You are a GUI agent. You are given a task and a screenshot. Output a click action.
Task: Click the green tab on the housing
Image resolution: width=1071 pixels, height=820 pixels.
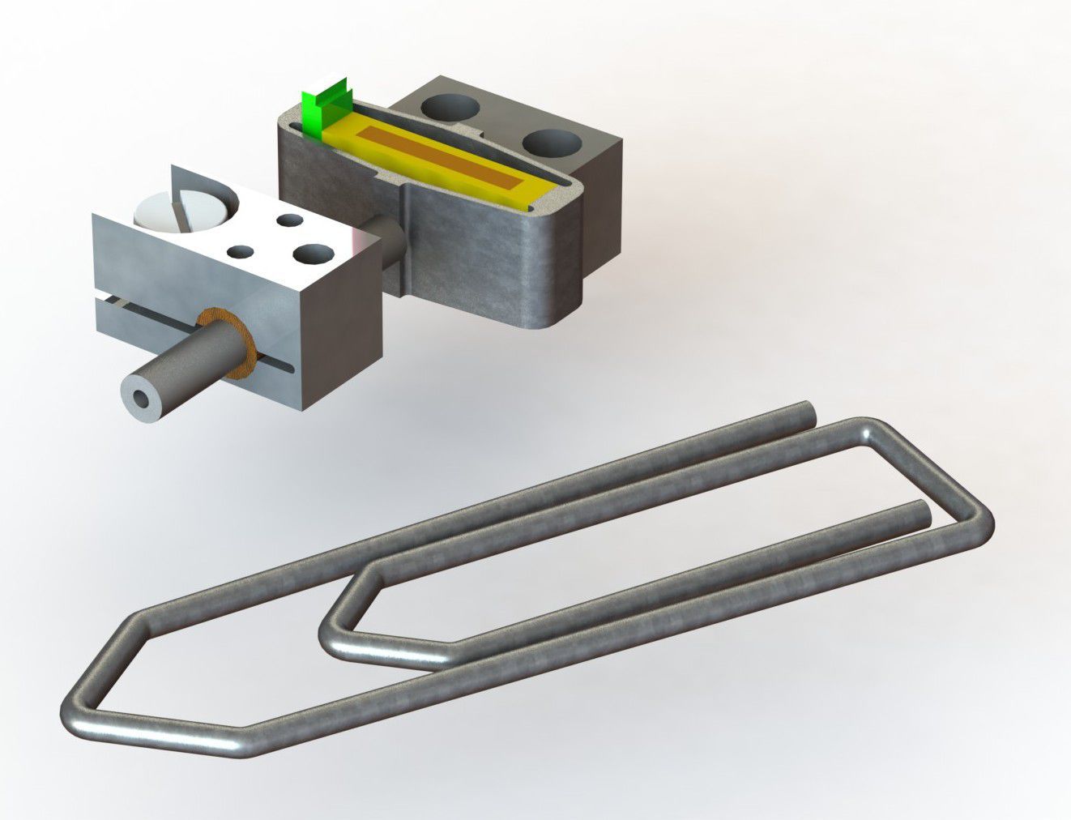pos(323,110)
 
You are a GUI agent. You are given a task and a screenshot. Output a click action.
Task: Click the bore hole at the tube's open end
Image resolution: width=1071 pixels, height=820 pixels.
pos(143,399)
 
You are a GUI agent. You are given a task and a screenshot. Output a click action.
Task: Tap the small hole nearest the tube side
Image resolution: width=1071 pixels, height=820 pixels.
pos(240,252)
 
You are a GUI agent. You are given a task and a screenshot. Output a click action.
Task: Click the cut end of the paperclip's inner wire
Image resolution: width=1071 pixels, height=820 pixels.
pos(919,510)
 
